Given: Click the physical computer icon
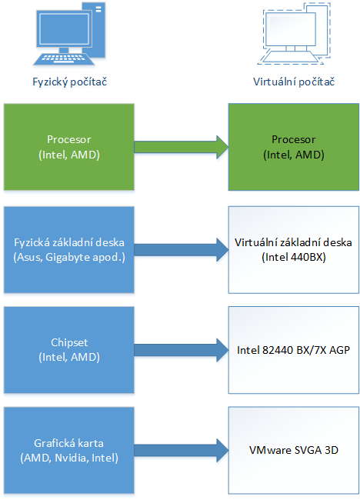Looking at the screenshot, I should pos(70,35).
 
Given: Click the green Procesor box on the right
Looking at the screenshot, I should pos(293,147).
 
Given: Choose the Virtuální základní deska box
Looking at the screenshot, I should pos(293,248).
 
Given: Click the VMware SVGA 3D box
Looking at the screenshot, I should pos(293,451).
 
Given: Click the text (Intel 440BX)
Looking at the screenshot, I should pos(293,256).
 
